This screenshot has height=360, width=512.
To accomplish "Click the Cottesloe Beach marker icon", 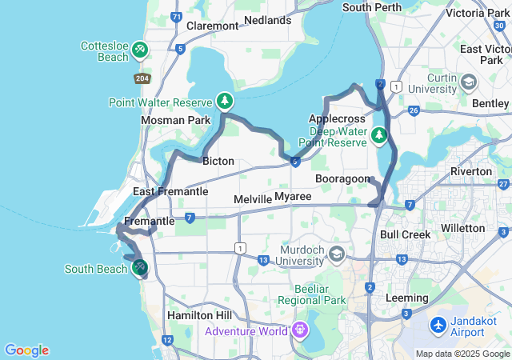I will pyautogui.click(x=141, y=50).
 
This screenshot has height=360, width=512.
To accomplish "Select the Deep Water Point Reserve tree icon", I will pyautogui.click(x=379, y=136).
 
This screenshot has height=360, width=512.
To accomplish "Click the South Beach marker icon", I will pyautogui.click(x=140, y=266).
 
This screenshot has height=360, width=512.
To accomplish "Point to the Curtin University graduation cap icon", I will pyautogui.click(x=469, y=82).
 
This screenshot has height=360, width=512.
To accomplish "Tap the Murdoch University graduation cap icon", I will pyautogui.click(x=337, y=254).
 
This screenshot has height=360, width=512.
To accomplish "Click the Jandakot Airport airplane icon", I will pyautogui.click(x=438, y=326).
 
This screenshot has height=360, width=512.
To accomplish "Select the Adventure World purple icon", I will pyautogui.click(x=300, y=330).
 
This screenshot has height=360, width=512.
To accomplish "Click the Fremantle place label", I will pyautogui.click(x=150, y=221).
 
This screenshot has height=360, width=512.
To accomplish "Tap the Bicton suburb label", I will pyautogui.click(x=218, y=161).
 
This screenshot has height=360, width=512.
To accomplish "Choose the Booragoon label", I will pyautogui.click(x=342, y=178).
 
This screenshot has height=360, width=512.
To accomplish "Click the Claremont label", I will pyautogui.click(x=212, y=26).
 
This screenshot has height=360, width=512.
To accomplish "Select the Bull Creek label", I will pyautogui.click(x=406, y=234).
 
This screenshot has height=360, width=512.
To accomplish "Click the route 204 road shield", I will pyautogui.click(x=142, y=78).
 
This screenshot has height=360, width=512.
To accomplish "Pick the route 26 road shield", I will pyautogui.click(x=413, y=110).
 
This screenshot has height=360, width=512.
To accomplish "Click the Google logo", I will pyautogui.click(x=26, y=350).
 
